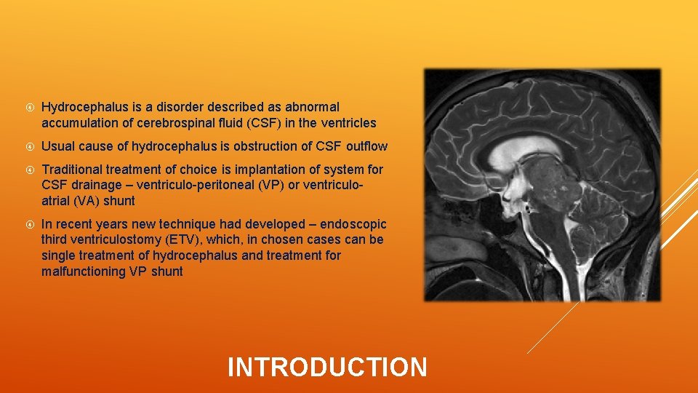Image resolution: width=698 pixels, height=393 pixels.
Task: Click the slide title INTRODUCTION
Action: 327,367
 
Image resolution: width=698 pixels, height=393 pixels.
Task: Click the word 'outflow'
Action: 366,146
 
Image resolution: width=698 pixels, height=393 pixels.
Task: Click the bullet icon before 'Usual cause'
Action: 28,146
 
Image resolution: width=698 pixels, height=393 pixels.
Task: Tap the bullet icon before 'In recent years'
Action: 28,224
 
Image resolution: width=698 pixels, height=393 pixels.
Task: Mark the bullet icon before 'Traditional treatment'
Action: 28,170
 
